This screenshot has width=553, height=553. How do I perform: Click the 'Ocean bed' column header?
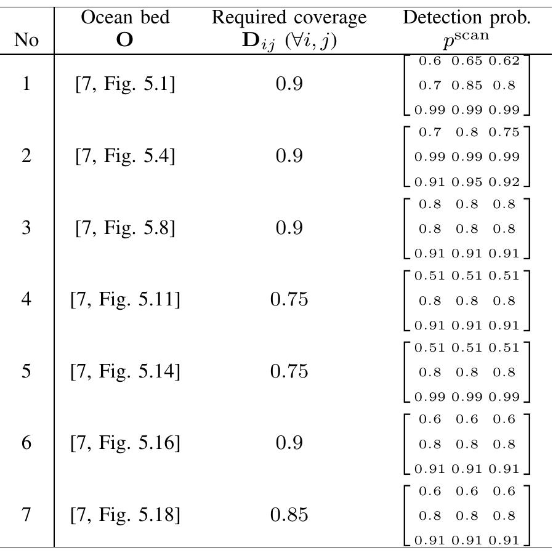[x=125, y=18]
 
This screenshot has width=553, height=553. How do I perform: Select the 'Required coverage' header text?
[x=289, y=18]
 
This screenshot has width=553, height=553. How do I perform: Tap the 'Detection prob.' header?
[x=466, y=18]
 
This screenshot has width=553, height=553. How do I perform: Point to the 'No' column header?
[x=26, y=41]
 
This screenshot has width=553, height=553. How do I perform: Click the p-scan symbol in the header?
[x=466, y=36]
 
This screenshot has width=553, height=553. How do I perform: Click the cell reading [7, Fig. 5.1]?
[x=125, y=84]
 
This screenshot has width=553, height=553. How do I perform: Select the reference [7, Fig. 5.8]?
[x=125, y=228]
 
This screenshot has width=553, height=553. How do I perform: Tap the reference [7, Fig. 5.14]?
[x=125, y=372]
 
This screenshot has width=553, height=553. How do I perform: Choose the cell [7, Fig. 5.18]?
[x=125, y=515]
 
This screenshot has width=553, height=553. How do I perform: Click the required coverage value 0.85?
[x=289, y=515]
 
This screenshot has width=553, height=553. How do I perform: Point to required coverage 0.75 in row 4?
[x=289, y=300]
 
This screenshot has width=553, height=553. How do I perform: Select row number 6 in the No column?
[x=26, y=443]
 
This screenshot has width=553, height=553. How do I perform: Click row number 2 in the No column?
[x=26, y=156]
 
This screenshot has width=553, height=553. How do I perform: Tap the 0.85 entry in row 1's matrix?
[x=466, y=86]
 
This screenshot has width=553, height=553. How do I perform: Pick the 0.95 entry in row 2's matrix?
[x=466, y=182]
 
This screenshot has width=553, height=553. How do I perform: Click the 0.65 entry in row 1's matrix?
[x=466, y=61]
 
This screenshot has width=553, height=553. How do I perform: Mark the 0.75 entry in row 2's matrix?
[x=503, y=132]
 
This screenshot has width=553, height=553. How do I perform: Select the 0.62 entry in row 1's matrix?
[x=503, y=61]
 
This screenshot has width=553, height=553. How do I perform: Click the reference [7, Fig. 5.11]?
[x=125, y=300]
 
